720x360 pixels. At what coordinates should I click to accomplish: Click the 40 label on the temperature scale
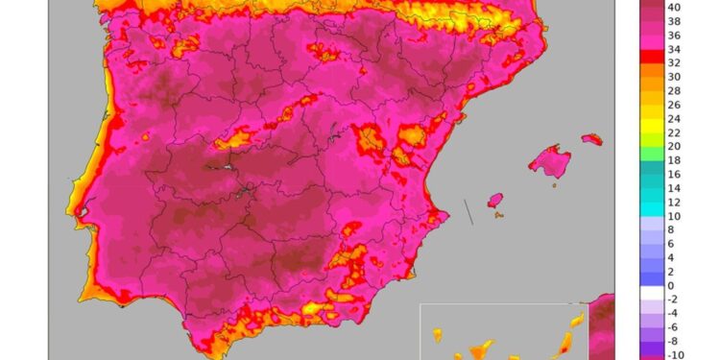tap(675, 6)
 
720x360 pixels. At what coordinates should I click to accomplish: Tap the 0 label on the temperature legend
tap(672, 286)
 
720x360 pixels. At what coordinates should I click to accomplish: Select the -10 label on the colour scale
tap(675, 354)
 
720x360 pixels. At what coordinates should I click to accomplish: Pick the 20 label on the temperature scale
tap(675, 146)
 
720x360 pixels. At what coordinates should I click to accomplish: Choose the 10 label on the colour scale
tap(675, 216)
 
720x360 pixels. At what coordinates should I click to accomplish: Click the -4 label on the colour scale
tap(675, 313)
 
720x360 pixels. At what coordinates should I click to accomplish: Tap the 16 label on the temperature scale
tap(675, 174)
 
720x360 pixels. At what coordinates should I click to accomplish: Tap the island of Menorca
tap(592, 139)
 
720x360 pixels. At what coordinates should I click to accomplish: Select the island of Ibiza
tap(495, 201)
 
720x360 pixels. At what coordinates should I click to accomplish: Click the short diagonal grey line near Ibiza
tap(468, 211)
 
